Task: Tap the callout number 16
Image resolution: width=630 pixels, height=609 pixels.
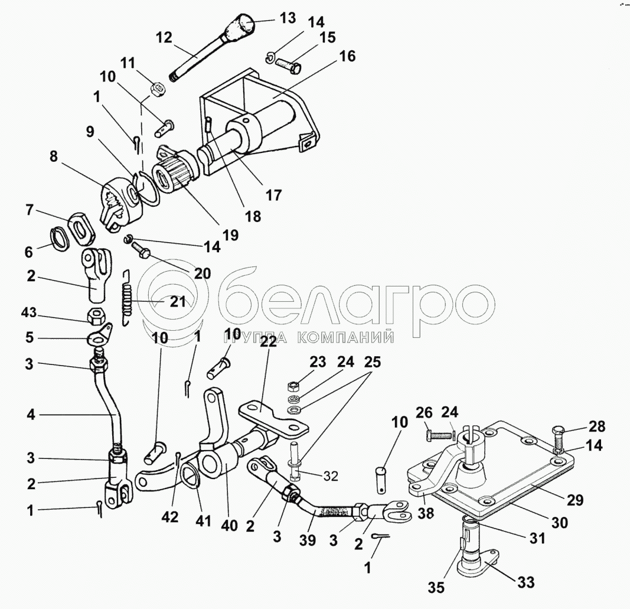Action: point(348,56)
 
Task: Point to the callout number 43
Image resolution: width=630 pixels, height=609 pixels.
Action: point(28,312)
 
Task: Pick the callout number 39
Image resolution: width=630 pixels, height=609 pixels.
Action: point(308,540)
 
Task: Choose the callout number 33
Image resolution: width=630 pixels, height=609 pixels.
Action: point(526,582)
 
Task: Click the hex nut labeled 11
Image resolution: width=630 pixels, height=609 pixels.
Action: point(157,89)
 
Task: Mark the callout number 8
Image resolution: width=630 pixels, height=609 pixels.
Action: point(54,156)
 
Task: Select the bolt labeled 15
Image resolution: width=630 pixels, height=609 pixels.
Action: point(289,66)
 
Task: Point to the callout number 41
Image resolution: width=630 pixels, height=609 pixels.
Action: point(203,520)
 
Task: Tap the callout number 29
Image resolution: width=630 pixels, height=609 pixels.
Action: point(575,500)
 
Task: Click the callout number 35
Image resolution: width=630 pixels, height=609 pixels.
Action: point(436,587)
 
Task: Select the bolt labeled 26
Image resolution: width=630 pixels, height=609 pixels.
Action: point(439,435)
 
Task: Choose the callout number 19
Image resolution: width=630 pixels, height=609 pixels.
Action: point(231,235)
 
